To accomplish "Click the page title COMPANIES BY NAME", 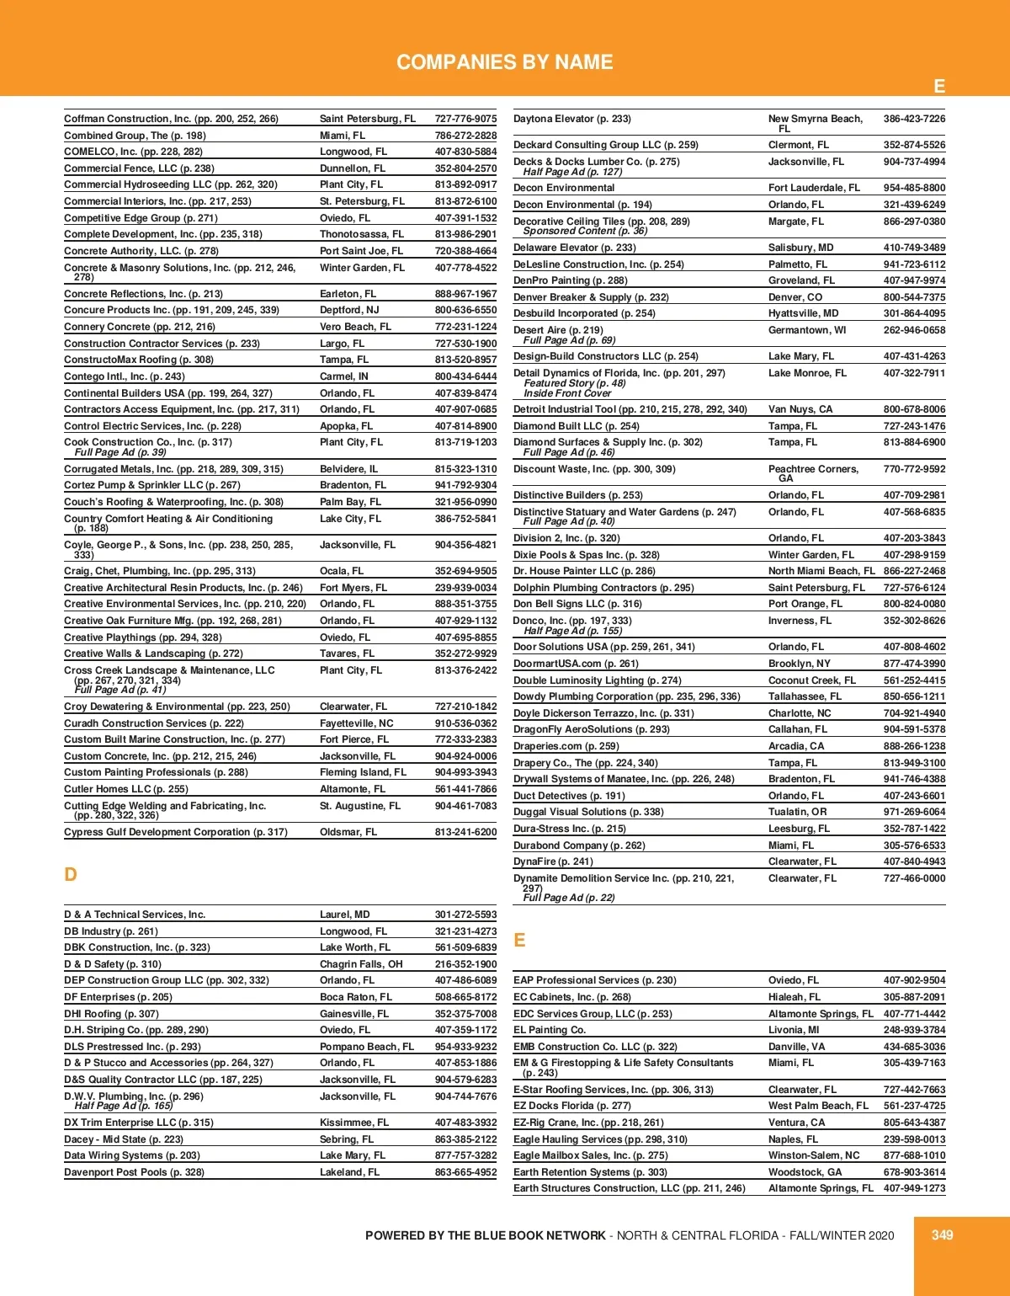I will [x=504, y=62].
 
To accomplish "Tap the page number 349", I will [x=942, y=1235].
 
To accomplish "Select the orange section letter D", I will [x=71, y=874].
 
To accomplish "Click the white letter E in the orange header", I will [x=939, y=86].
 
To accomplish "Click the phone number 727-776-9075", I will [x=465, y=119].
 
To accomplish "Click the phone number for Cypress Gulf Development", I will [x=465, y=832].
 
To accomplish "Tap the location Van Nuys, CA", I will [x=800, y=409].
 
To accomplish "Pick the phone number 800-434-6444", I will [x=465, y=376].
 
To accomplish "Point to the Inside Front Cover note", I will [x=567, y=393].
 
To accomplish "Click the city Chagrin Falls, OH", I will [x=361, y=964].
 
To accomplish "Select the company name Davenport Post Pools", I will [x=134, y=1172].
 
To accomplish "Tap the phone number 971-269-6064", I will [x=914, y=812].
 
